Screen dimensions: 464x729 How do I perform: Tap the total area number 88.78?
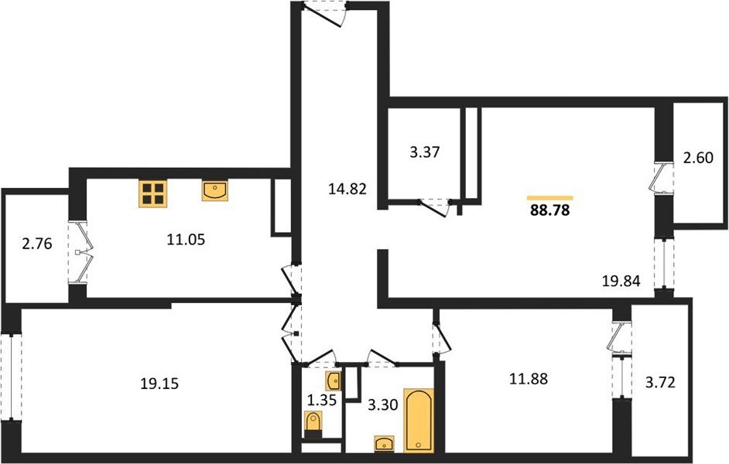click(549, 210)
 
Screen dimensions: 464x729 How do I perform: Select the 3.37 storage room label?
click(424, 152)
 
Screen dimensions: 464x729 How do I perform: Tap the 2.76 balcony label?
click(37, 245)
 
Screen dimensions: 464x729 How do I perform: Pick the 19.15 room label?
click(159, 382)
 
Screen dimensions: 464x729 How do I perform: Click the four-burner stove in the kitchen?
click(155, 193)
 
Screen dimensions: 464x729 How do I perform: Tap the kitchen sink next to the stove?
click(215, 190)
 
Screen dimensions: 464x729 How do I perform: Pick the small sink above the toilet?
click(332, 380)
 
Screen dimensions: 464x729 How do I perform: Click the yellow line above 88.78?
click(549, 198)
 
